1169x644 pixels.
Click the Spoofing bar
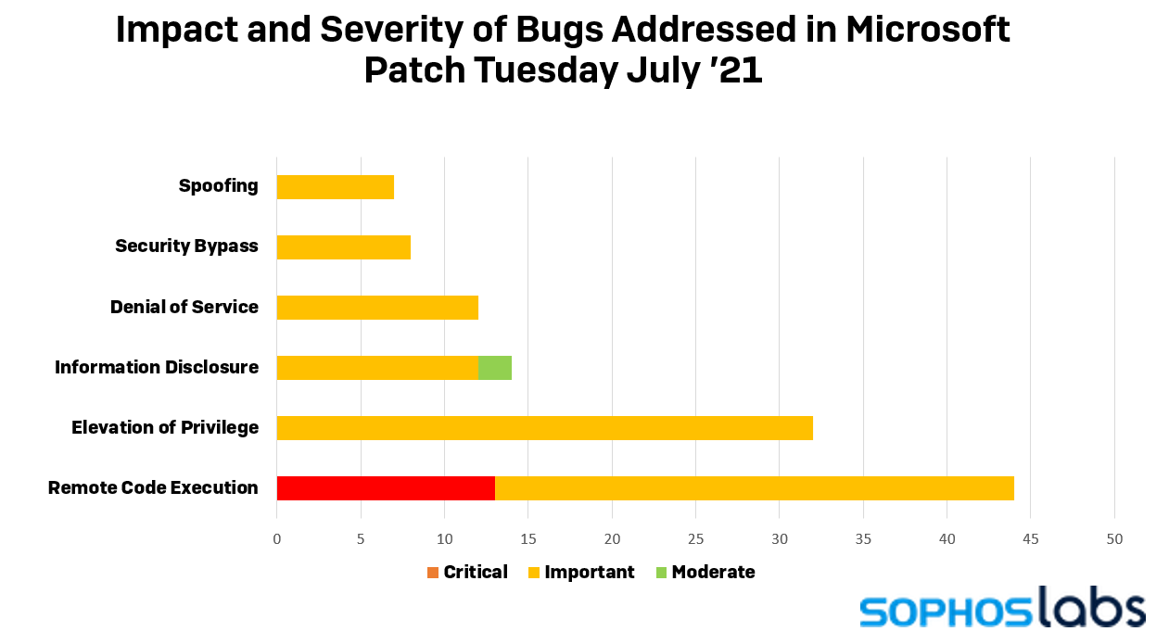[x=336, y=187]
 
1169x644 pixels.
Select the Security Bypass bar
[x=344, y=247]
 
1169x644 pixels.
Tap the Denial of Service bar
[x=377, y=308]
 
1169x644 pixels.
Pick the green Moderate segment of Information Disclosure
[x=495, y=368]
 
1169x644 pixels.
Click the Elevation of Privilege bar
[x=545, y=428]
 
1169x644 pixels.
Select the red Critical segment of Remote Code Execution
[x=386, y=488]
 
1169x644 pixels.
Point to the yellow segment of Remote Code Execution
[x=755, y=488]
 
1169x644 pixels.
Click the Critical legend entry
[x=467, y=573]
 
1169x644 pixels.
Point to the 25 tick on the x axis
[x=695, y=539]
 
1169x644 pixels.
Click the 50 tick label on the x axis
[x=1114, y=539]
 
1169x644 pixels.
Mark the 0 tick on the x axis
[x=277, y=539]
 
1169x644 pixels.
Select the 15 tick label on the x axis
[x=528, y=539]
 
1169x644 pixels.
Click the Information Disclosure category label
[x=157, y=368]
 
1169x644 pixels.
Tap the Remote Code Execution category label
[x=153, y=488]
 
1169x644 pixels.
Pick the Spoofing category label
[x=219, y=186]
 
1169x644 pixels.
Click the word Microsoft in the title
[x=927, y=30]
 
